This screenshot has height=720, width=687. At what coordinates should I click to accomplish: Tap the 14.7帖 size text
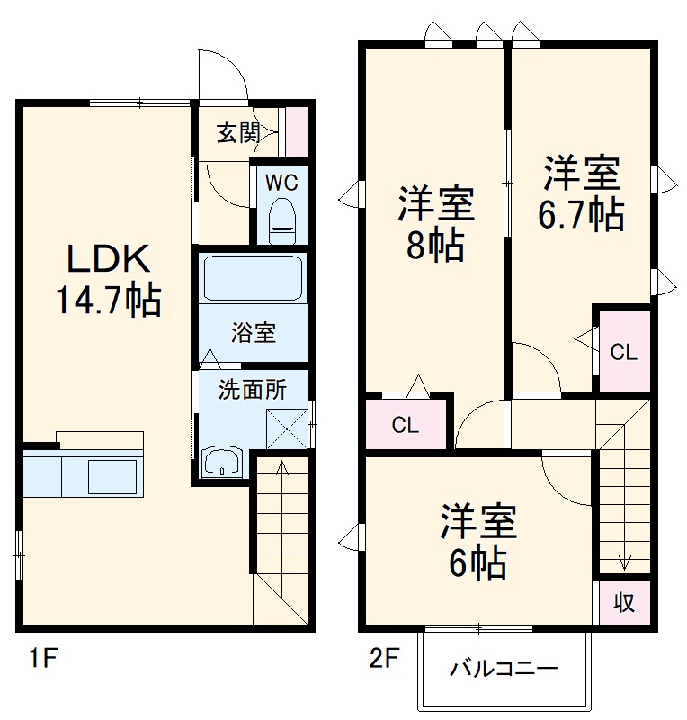(108, 300)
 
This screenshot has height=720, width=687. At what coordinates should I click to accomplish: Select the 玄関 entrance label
(237, 134)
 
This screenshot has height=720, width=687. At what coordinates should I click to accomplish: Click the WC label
(281, 181)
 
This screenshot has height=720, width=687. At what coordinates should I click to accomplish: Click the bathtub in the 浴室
(252, 278)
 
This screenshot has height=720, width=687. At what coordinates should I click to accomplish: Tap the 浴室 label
(253, 332)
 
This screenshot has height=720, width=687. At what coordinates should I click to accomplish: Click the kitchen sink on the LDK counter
(112, 473)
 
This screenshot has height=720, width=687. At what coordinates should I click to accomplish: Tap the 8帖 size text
(435, 245)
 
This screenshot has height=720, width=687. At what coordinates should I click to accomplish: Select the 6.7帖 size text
(581, 215)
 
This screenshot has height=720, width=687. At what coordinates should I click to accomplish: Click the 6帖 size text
(477, 563)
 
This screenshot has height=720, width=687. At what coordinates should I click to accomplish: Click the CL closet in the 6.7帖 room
(623, 352)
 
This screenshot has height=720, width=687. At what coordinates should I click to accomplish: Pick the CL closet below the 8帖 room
(406, 425)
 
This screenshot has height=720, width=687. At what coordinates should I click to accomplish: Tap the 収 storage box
(623, 602)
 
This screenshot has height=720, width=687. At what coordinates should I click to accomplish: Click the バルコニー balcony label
(504, 669)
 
